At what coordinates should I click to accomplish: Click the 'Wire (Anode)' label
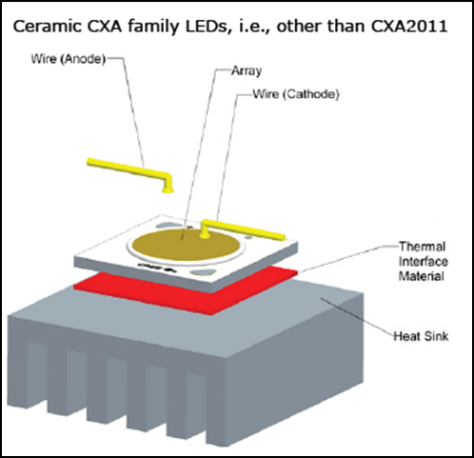tap(68, 59)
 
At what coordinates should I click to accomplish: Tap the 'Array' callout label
tap(247, 70)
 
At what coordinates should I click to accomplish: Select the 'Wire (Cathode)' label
tap(296, 94)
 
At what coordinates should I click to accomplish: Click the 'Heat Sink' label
tap(421, 336)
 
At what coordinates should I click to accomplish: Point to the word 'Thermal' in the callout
tap(422, 247)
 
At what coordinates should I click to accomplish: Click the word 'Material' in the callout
tap(421, 276)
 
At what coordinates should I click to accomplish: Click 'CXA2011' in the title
tap(409, 27)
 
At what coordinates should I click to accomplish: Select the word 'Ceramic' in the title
tap(47, 27)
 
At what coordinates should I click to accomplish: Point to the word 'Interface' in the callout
tap(424, 261)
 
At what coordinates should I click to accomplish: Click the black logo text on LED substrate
tap(155, 268)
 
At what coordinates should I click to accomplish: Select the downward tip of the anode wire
tap(168, 191)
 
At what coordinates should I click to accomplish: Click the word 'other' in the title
tap(299, 27)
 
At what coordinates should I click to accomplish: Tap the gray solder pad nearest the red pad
tap(203, 271)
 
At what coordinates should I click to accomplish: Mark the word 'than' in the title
tap(346, 27)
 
